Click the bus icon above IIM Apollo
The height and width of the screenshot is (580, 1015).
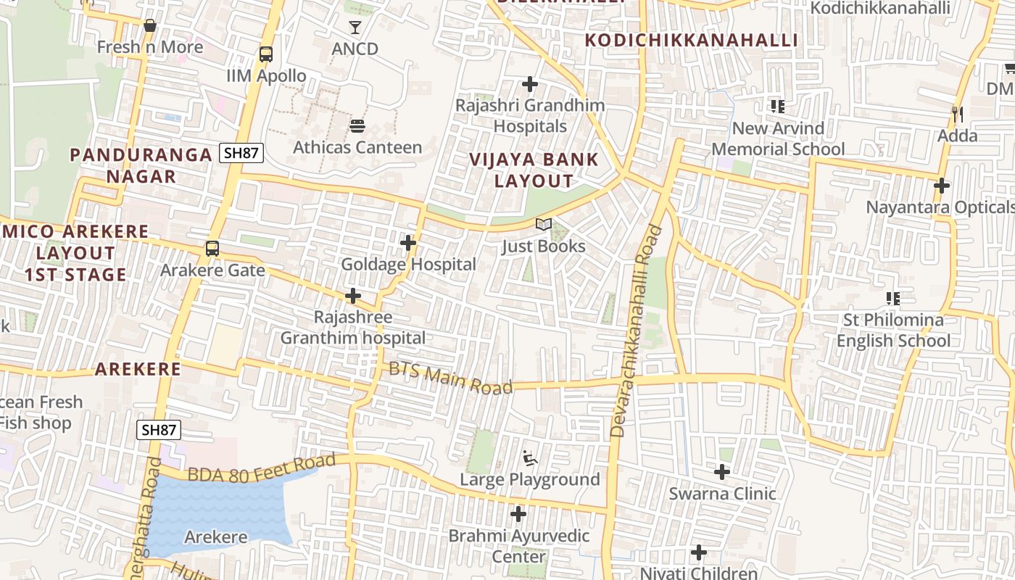tap(266, 54)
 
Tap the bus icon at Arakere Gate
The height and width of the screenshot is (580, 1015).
tap(212, 248)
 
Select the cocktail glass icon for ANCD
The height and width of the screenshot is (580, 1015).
tap(355, 28)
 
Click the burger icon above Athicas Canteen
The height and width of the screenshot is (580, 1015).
tap(357, 126)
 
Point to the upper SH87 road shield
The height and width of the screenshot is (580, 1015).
tap(241, 153)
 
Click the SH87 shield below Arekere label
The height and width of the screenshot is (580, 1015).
tap(159, 429)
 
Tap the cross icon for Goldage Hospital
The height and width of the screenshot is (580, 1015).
tap(408, 243)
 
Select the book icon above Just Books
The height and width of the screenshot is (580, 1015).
tap(543, 225)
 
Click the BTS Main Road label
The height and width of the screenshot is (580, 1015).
tap(450, 378)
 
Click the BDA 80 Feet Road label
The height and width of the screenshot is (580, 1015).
tap(262, 468)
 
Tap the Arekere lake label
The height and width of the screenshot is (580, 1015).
tap(215, 537)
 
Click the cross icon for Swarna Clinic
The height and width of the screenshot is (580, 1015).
tap(722, 472)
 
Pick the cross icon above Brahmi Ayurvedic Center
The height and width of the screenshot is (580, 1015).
tap(518, 514)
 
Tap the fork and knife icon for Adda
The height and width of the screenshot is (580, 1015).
tap(957, 115)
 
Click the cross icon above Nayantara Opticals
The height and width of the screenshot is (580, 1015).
tap(941, 186)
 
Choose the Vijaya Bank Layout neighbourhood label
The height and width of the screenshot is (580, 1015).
tap(534, 170)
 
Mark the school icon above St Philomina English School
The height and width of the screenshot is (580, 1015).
tap(892, 298)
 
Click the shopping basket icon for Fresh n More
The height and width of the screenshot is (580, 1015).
tap(150, 26)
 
